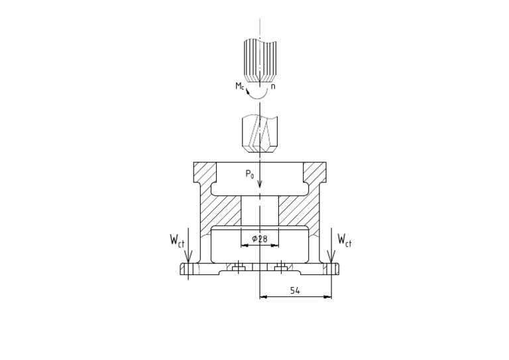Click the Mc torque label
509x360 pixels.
click(239, 86)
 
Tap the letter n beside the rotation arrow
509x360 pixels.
click(273, 86)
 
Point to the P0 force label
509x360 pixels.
click(249, 174)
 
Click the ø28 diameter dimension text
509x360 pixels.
click(260, 239)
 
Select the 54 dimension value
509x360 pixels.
click(295, 290)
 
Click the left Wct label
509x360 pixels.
click(177, 241)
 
